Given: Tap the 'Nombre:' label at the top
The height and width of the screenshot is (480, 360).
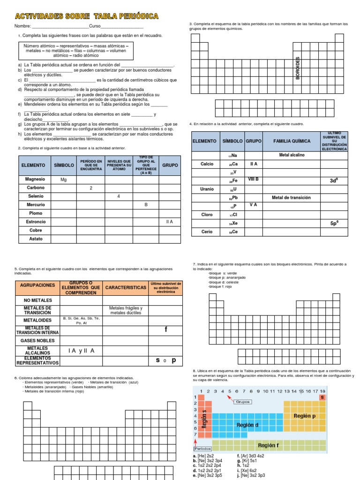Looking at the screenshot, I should pos(23,26).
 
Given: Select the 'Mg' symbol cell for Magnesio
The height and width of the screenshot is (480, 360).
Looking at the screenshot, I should pos(64,180).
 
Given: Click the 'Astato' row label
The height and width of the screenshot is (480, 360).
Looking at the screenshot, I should pos(36,239).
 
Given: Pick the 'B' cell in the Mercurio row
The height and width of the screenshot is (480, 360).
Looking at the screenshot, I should pos(146,205).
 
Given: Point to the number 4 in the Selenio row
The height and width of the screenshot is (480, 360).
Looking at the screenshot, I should pos(118,196).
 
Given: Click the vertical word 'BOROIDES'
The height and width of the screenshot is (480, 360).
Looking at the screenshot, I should pos(298,68).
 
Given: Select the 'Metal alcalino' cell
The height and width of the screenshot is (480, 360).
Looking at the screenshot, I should pos(292,155).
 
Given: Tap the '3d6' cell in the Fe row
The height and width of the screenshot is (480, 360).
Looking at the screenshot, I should pos(334,180).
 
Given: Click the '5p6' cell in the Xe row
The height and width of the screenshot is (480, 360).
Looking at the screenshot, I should pos(334,224).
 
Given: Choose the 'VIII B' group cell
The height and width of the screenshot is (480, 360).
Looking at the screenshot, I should pos(254,180).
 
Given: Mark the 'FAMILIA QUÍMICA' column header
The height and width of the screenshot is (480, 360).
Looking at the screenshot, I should pos(292,141).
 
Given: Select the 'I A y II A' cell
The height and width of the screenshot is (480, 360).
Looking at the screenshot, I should pos(81,351).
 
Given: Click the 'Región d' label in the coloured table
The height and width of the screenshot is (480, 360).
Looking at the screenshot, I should pos(247,425).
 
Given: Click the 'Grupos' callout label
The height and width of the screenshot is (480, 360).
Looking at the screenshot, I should pos(243,402).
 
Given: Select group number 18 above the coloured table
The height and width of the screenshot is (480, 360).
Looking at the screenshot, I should pos(322,391).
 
